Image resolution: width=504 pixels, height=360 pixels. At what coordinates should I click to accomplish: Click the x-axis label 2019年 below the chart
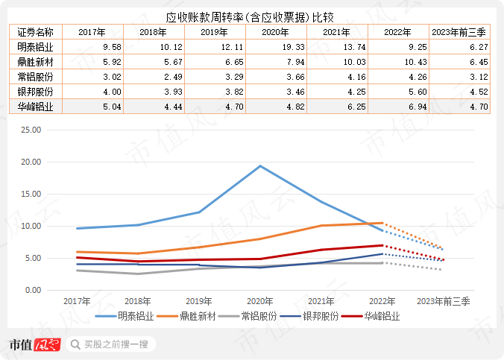(199, 301)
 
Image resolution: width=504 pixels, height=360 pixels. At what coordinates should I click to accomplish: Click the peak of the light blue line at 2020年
(260, 165)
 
